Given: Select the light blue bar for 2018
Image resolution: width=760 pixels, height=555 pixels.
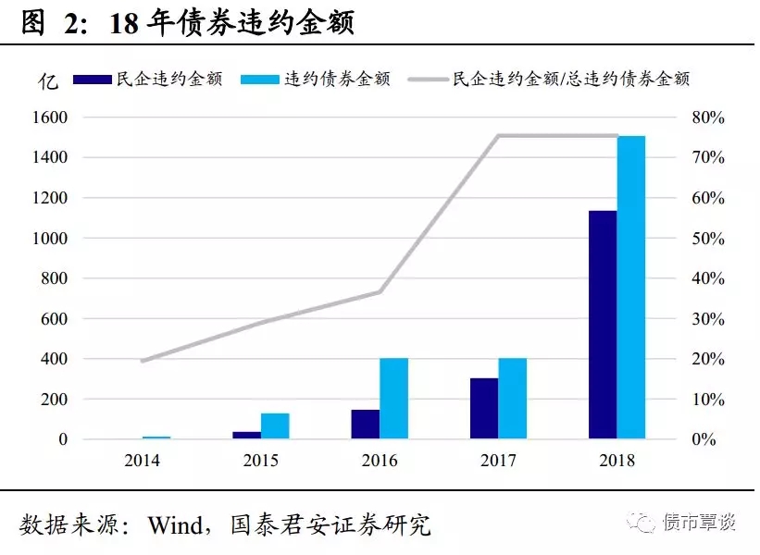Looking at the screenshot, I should (631, 287).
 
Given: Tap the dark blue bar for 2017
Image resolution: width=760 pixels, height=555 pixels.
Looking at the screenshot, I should (484, 408).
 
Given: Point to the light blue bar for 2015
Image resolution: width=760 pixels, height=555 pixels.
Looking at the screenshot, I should (275, 425).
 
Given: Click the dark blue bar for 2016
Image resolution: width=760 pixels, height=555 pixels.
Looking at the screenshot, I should (366, 424).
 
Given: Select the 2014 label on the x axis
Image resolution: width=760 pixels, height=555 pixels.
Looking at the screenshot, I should (143, 460).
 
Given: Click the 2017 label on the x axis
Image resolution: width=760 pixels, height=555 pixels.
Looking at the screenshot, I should (498, 460).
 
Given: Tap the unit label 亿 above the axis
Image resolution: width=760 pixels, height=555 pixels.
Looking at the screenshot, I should (48, 80).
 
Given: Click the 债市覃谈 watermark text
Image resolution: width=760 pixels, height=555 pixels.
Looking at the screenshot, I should (700, 523).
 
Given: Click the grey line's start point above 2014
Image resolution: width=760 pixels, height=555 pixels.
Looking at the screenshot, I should (143, 361).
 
